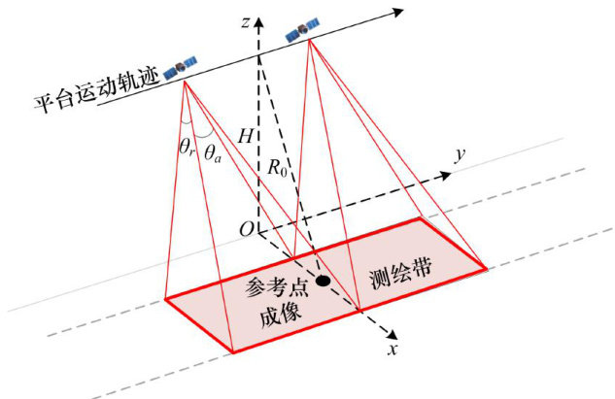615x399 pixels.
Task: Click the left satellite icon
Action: (x=181, y=67)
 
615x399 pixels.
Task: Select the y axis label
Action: (x=461, y=154)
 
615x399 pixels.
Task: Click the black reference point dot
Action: (x=324, y=282)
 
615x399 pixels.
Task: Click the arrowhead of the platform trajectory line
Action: (x=400, y=12)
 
